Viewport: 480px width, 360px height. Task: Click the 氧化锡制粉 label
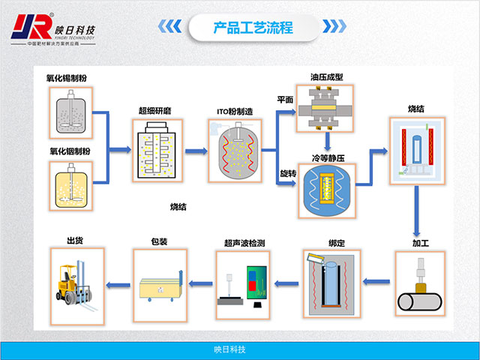[67, 77]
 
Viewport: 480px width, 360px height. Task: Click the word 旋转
[285, 175]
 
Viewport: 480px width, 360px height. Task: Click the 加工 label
[420, 244]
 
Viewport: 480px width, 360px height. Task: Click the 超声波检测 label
[244, 243]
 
